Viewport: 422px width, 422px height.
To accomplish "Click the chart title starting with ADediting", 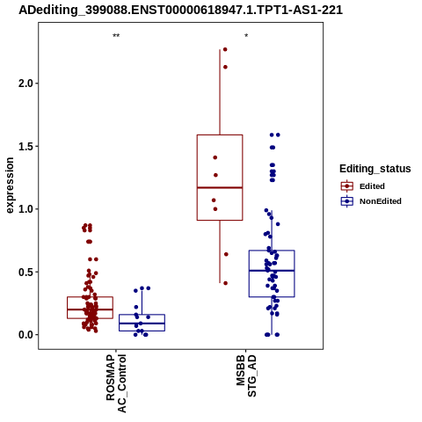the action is tap(180, 10).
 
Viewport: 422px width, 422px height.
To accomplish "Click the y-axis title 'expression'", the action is tap(10, 186).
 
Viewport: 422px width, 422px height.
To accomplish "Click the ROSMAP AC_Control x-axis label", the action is tap(116, 383).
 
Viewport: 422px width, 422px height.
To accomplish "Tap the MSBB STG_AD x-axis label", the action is tap(246, 376).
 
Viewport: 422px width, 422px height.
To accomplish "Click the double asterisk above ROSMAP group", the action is tap(116, 36).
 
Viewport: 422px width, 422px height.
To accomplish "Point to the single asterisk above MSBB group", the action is tap(246, 36).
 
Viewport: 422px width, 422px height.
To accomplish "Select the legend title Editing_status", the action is tap(375, 169).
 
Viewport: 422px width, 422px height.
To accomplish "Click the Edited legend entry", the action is tap(362, 186).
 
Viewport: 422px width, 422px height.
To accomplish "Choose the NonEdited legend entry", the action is tap(371, 201).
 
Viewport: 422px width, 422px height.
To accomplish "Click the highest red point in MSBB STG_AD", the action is tap(225, 49).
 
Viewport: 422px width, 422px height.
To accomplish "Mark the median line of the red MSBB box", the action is tap(220, 187).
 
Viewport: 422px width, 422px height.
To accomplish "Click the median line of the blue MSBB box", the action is tap(272, 271).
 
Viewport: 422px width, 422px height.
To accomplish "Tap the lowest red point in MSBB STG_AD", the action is tap(225, 283).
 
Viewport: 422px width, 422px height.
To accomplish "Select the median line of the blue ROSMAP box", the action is tap(142, 324).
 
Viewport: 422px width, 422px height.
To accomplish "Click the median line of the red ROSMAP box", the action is tap(90, 309).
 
